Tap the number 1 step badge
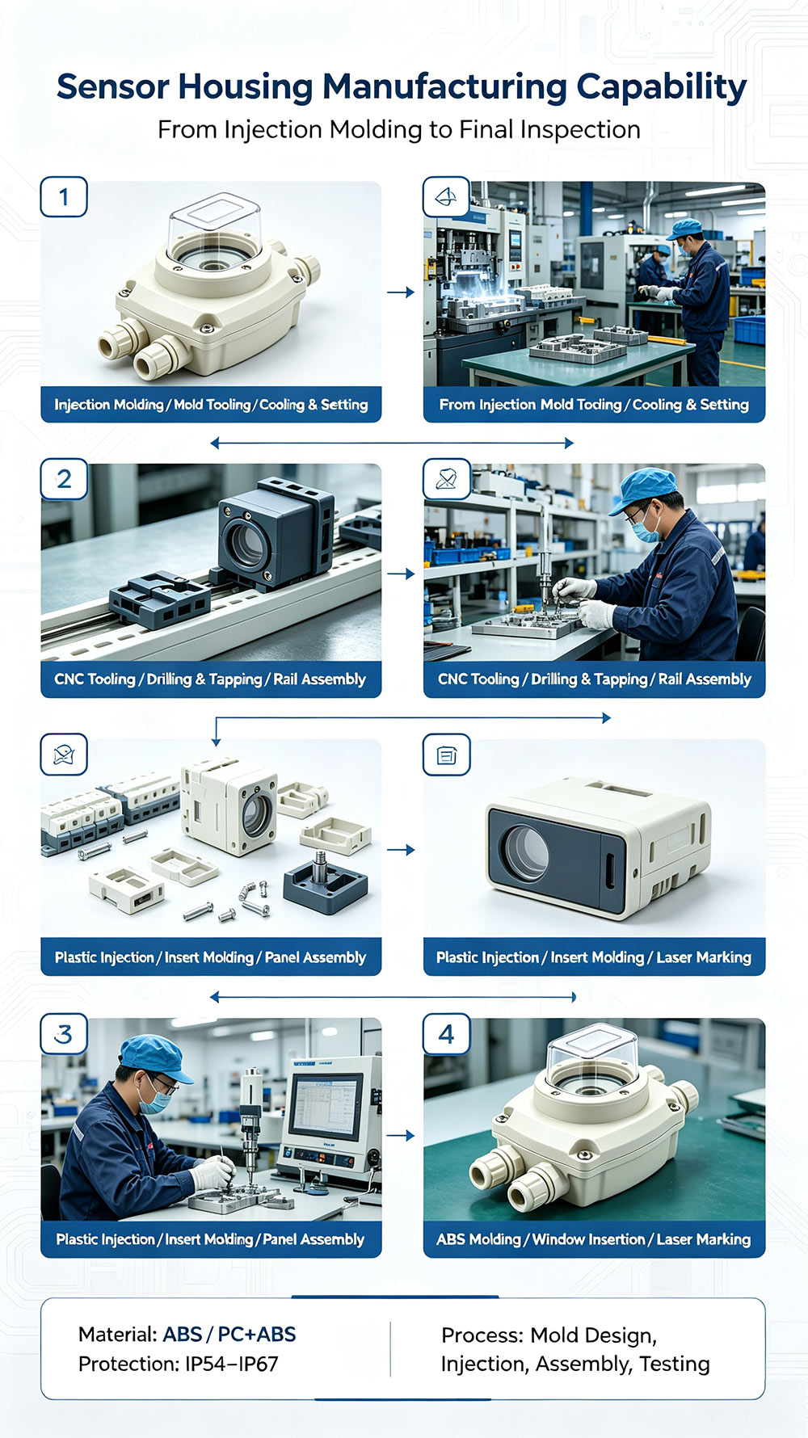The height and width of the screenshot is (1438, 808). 64,196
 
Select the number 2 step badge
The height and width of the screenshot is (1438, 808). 64,479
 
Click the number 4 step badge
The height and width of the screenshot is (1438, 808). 447,1034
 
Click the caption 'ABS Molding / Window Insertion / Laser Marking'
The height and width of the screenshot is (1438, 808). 594,1239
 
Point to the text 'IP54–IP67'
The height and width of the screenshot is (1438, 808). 232,1364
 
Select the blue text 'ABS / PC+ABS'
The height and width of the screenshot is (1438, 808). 229,1335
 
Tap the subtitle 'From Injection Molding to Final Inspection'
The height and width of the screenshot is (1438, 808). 399,129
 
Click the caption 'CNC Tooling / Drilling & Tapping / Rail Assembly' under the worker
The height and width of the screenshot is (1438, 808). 595,679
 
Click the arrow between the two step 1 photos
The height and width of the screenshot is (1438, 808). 400,292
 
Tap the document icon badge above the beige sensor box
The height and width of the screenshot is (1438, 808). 447,755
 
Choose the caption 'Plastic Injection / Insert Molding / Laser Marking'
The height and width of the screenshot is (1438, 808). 594,957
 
